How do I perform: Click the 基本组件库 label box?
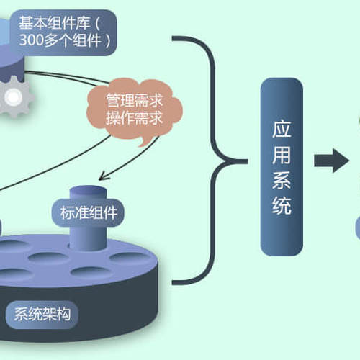coord(63,32)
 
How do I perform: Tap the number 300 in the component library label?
coord(32,40)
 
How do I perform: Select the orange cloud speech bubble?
coord(135,110)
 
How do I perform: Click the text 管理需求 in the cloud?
coord(135,100)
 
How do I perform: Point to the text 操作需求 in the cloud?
coord(135,118)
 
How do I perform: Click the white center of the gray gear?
coord(13,96)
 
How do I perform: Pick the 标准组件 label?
coord(88,212)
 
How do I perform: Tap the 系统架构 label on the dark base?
coord(42,315)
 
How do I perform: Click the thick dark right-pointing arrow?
coord(331,161)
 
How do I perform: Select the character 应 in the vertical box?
coord(282,129)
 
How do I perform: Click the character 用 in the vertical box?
coord(282,155)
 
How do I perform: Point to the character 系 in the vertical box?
coord(282,181)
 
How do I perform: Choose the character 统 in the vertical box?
coord(282,206)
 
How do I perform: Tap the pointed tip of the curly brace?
coord(247,161)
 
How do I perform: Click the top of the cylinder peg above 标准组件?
coord(88,190)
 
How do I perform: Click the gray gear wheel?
coord(15,96)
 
